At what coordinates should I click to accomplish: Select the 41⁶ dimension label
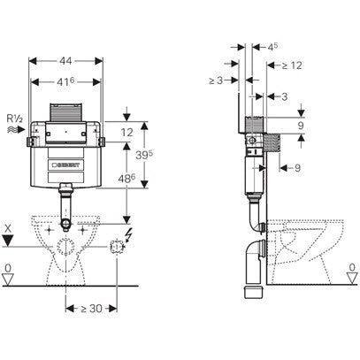point(67,80)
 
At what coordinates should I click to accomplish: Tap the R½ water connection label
point(15,115)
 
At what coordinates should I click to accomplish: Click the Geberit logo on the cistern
point(68,165)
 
